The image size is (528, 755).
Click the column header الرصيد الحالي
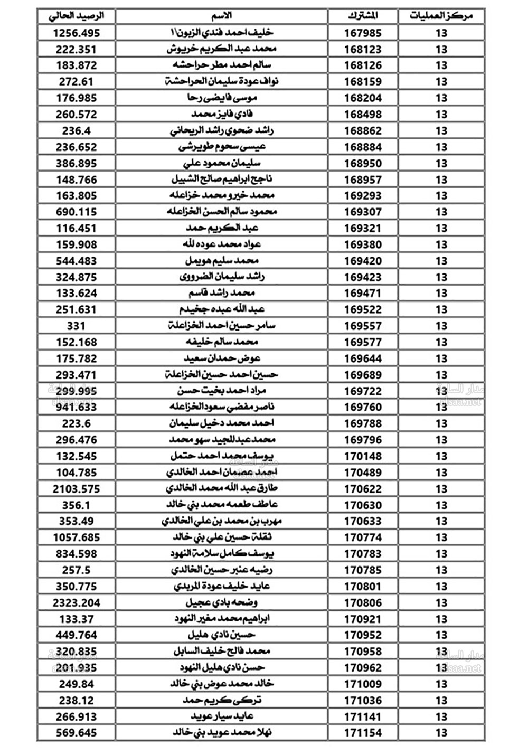(x=76, y=16)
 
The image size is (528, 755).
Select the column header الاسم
(x=221, y=16)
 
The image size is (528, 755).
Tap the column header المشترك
(x=363, y=16)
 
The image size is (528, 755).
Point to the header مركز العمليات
(x=441, y=16)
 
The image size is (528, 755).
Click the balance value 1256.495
(x=76, y=33)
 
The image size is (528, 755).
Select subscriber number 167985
(x=363, y=33)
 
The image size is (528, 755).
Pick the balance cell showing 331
(x=76, y=326)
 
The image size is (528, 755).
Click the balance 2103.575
(x=76, y=489)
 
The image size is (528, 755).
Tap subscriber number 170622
(x=363, y=489)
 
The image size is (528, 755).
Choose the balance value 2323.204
(x=76, y=602)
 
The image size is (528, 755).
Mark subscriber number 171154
(x=363, y=733)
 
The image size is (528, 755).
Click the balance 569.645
(x=76, y=733)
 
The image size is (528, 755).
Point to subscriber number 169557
(x=363, y=326)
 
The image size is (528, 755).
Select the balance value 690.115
(x=76, y=212)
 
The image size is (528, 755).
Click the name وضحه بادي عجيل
(x=221, y=602)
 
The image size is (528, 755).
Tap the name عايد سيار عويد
(x=222, y=716)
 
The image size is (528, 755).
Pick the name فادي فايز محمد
(x=221, y=114)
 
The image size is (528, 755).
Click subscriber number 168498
(x=363, y=114)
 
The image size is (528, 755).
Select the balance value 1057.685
(x=76, y=537)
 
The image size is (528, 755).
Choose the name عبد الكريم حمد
(x=221, y=228)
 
